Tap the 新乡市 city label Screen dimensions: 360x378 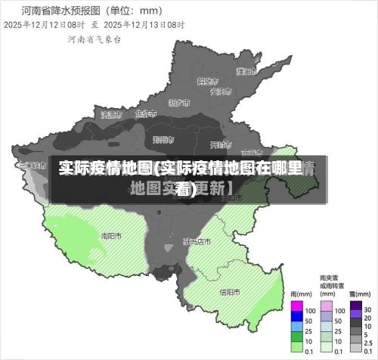[179, 102]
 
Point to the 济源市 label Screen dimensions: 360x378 [110, 115]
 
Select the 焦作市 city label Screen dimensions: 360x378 [144, 114]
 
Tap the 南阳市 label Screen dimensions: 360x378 [111, 235]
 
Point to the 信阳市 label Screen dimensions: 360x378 [230, 292]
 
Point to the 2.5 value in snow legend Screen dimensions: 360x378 [368, 340]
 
